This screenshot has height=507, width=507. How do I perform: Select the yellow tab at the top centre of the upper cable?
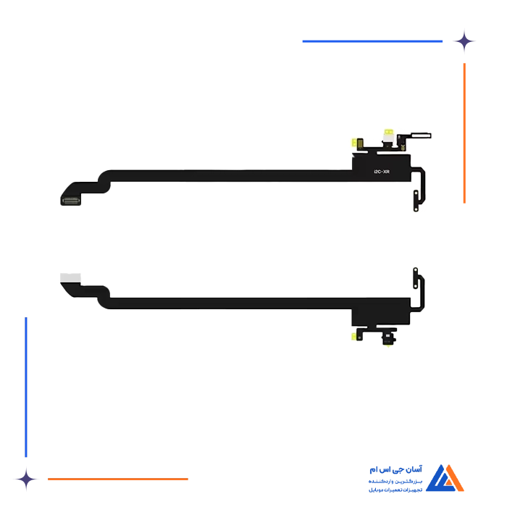(390, 134)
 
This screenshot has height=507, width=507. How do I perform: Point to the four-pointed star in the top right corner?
(466, 41)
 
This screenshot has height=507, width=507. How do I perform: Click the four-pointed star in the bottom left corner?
(26, 478)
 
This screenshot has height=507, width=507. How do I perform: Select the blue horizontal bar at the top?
(373, 41)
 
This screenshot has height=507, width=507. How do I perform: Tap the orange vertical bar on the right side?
(464, 134)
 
